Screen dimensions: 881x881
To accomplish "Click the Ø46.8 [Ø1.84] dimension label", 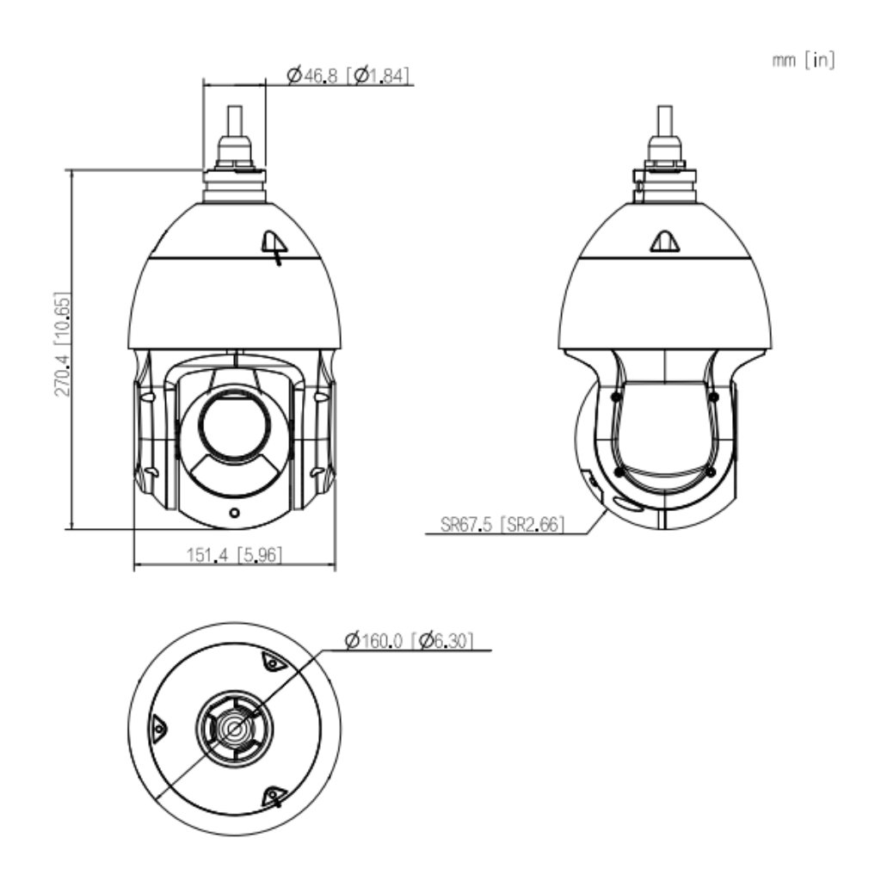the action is (x=348, y=75).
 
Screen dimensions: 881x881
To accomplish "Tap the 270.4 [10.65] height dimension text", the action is (x=62, y=344).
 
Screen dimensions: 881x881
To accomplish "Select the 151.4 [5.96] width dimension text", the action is (x=234, y=555).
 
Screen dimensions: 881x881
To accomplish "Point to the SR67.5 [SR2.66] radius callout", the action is (x=502, y=524).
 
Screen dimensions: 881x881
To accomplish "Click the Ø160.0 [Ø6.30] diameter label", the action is (x=409, y=640).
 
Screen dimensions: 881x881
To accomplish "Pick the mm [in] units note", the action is (x=804, y=59).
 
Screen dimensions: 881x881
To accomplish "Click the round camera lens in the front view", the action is (x=234, y=425).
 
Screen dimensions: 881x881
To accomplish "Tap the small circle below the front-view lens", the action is (x=235, y=513).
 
